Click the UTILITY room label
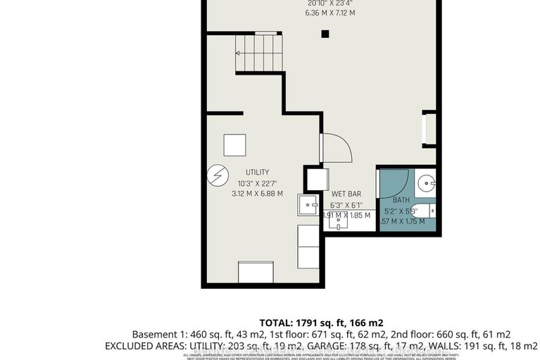point(257,172)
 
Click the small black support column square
point(325,33)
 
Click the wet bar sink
point(339,223)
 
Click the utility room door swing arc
point(334,149)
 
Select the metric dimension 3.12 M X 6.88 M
point(257,193)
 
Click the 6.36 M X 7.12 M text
point(325,12)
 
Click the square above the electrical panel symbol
point(235,145)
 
